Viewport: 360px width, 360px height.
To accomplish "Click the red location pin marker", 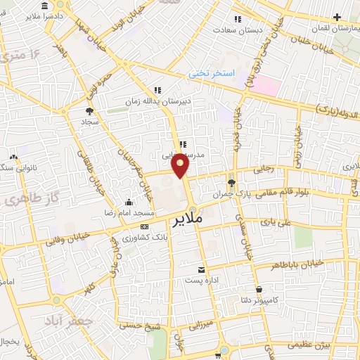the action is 181,164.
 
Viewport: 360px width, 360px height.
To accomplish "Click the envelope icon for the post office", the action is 202,270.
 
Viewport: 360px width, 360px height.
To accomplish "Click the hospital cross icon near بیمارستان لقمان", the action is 338,16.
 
